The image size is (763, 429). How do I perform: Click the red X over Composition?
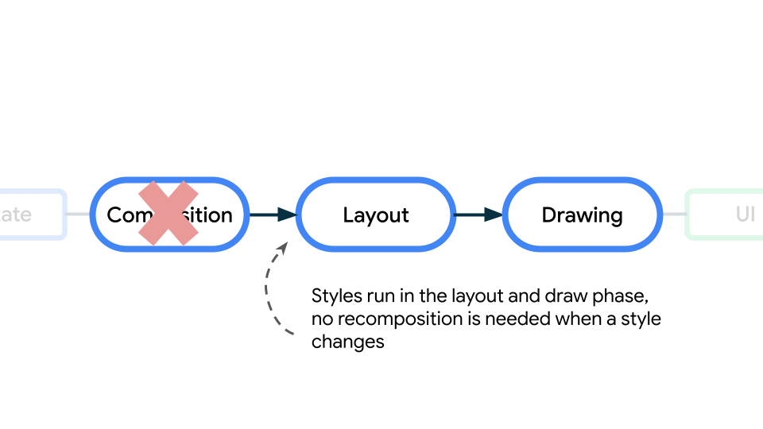coord(168,213)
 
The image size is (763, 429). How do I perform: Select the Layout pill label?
coord(376,215)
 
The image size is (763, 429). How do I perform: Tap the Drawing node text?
coord(582,215)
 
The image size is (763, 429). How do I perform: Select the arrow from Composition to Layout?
coord(273,214)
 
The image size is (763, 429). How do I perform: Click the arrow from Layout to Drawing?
coord(478,214)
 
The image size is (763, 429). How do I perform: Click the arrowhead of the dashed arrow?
coord(282,248)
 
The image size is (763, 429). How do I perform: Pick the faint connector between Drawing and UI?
coord(673,214)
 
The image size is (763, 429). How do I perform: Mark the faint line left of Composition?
coord(78,214)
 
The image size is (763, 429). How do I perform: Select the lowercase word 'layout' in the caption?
coord(475,296)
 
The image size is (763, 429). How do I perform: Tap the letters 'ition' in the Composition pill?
coord(211,215)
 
